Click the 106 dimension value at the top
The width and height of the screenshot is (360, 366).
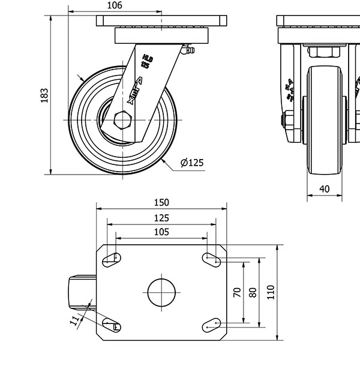115,5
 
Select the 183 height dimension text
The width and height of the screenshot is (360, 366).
44,96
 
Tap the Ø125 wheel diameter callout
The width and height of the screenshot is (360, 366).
192,163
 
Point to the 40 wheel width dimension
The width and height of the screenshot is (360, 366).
325,189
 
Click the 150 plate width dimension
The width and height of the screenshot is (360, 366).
162,202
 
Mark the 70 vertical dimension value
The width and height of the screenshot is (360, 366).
237,292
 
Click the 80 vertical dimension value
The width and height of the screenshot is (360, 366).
253,292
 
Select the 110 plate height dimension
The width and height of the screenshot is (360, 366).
271,292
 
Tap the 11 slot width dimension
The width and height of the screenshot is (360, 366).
75,322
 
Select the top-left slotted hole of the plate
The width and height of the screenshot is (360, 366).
112,259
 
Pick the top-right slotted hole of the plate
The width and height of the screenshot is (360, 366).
211,259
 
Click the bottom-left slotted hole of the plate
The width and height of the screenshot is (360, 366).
112,325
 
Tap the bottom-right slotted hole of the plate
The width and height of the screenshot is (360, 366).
211,325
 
